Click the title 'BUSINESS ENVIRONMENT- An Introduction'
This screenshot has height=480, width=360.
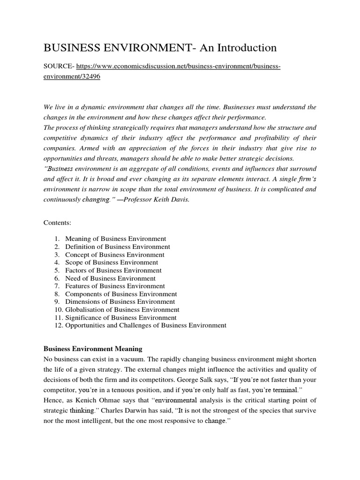160,48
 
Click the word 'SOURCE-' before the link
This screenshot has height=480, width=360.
58,67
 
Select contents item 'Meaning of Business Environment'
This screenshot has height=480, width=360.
115,239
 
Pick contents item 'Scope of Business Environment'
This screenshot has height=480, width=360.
112,262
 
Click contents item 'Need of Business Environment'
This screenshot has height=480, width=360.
110,278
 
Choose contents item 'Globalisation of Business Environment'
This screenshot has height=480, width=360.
122,309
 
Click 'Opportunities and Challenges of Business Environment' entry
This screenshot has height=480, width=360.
145,325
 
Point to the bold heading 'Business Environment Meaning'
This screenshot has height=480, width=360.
93,349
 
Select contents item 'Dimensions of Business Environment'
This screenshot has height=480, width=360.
120,302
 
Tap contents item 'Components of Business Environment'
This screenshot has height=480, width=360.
121,294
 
